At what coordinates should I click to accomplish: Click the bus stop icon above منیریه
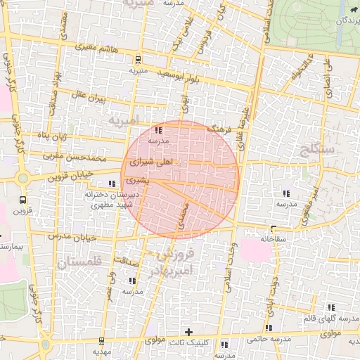[138, 60]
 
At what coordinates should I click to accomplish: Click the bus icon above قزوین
[23, 179]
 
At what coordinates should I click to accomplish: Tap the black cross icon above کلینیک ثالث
[188, 331]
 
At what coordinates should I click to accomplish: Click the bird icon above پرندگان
[350, 11]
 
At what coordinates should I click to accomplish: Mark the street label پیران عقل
[87, 94]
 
